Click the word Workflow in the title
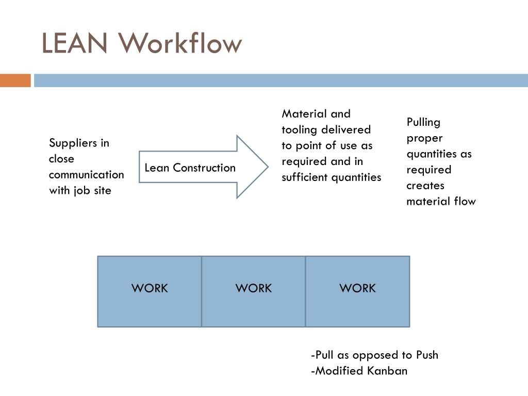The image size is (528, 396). [180, 43]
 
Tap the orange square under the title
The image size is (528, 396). [15, 80]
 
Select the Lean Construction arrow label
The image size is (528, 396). [190, 168]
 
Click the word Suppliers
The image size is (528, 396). [79, 143]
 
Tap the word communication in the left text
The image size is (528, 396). [86, 174]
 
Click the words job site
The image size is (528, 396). [92, 190]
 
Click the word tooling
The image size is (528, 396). [299, 129]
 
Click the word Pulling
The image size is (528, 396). [423, 122]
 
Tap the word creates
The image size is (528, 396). [425, 185]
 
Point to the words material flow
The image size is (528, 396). [441, 201]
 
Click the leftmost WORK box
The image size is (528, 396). [150, 291]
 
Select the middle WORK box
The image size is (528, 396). [253, 291]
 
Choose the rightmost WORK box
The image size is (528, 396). [357, 291]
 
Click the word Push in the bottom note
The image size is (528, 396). [427, 355]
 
